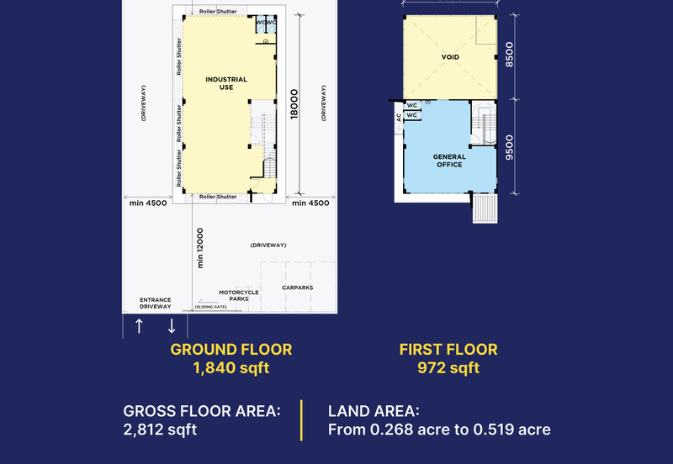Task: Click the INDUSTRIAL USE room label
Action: click(x=226, y=83)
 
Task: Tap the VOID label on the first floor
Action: click(x=450, y=57)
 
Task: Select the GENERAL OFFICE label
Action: click(x=449, y=161)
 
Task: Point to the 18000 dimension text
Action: click(x=294, y=103)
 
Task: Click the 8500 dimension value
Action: click(x=509, y=55)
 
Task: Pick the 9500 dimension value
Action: click(x=509, y=147)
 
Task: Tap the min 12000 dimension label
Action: click(x=200, y=248)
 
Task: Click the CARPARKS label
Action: click(x=298, y=287)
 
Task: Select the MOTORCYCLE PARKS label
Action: click(x=239, y=296)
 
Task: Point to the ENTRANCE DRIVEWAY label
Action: click(x=156, y=303)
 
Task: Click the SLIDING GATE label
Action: click(x=211, y=307)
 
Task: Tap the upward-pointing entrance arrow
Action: click(x=139, y=326)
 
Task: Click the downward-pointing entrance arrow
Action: click(x=172, y=326)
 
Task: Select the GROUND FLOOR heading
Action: click(x=231, y=350)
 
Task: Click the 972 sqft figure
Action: click(x=448, y=368)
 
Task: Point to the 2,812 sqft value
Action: click(x=160, y=430)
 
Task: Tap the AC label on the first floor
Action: click(x=399, y=117)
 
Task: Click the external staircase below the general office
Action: click(x=485, y=208)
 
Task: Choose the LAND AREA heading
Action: click(x=374, y=411)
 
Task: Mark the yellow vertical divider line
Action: click(x=301, y=420)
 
